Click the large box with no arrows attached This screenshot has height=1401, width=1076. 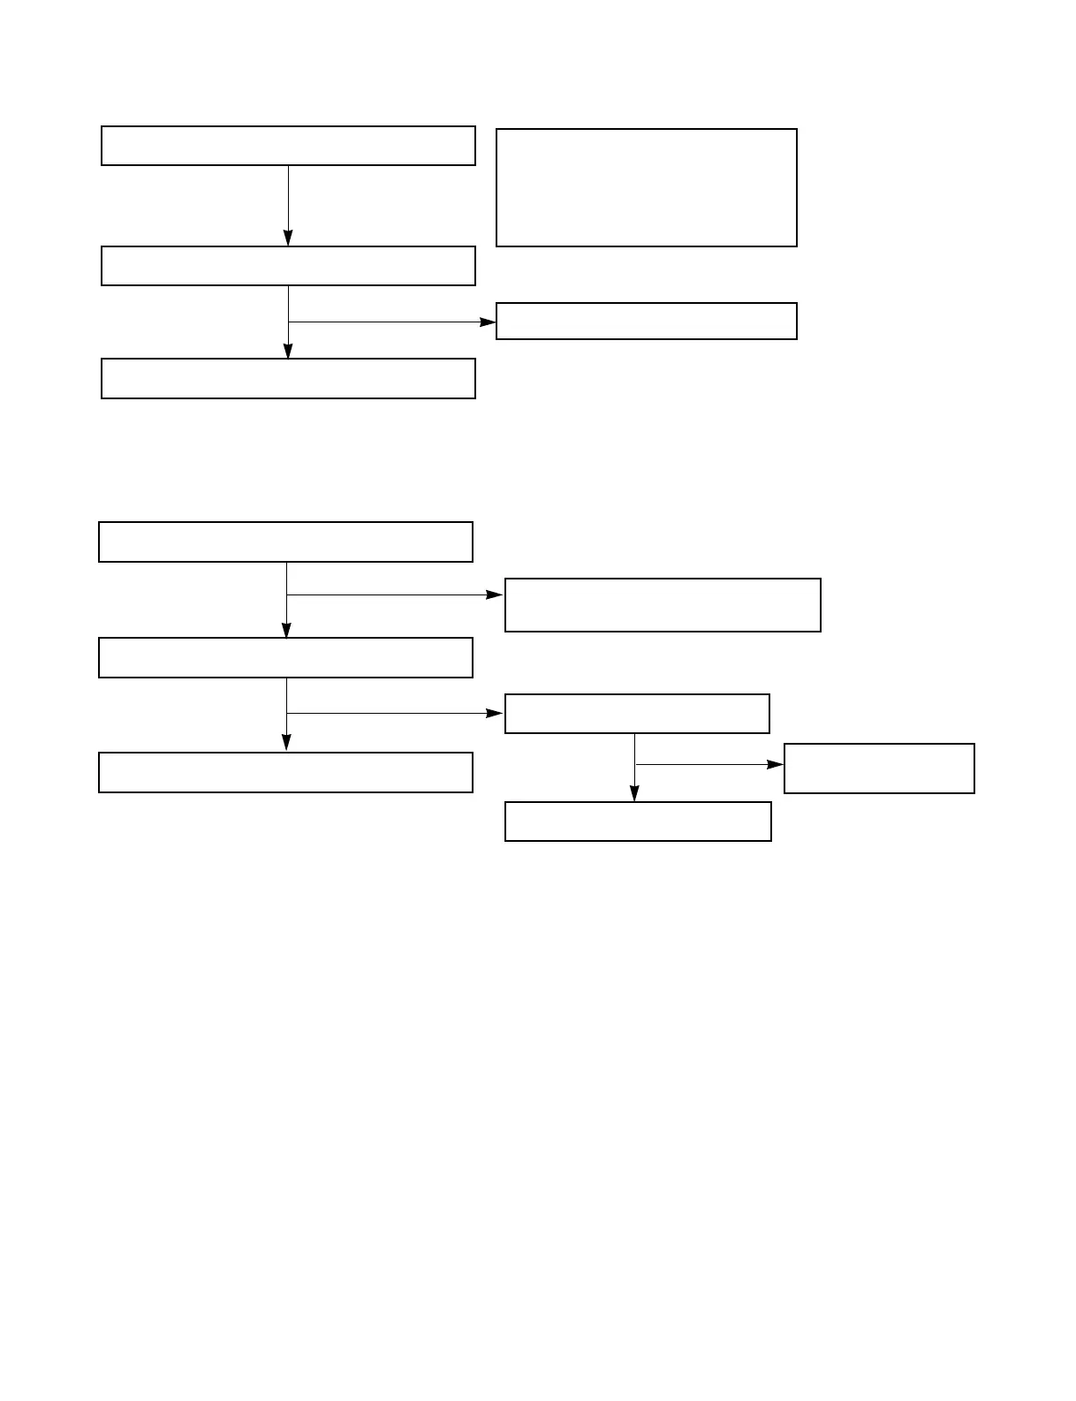tap(646, 187)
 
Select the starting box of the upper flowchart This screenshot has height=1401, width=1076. tap(288, 146)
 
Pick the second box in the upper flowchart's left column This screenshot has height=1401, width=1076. tap(288, 266)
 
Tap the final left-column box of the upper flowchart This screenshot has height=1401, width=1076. tap(288, 378)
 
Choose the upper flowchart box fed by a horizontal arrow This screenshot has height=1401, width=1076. tap(646, 321)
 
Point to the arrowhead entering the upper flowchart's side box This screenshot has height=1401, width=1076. tap(489, 322)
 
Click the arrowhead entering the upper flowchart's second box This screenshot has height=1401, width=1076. tap(288, 239)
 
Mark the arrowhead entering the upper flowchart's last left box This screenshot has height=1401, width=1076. tap(288, 351)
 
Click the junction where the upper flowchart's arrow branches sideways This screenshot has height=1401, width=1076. tap(288, 322)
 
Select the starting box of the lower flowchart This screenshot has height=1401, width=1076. tap(285, 541)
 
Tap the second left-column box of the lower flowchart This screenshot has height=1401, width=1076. tap(285, 657)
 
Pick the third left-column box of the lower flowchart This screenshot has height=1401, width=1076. tap(285, 772)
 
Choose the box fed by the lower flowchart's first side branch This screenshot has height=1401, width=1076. tap(663, 605)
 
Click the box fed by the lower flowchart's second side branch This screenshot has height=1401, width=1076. tap(637, 714)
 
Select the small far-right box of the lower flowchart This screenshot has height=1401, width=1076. tap(879, 769)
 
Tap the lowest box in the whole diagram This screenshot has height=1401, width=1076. tap(638, 822)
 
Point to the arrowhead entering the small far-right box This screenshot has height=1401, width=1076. tap(776, 764)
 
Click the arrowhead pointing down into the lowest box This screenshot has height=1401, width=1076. tap(634, 794)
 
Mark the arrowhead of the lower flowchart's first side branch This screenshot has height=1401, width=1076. tap(496, 595)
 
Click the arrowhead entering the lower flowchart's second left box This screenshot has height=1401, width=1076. tap(286, 630)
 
